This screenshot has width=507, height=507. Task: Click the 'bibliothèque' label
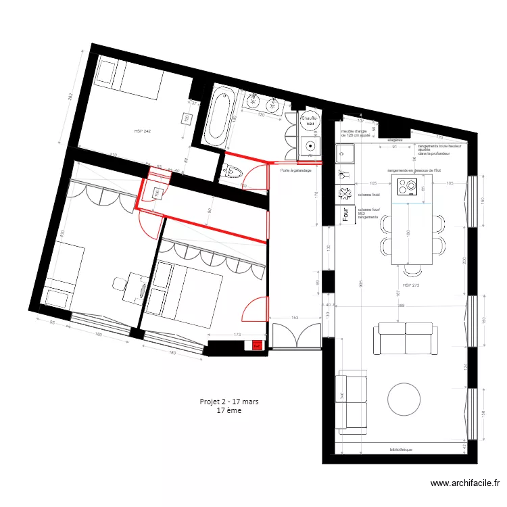401,449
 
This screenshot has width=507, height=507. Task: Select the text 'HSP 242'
142,130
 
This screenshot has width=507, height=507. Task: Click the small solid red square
257,346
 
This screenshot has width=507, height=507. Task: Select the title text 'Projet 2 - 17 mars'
229,401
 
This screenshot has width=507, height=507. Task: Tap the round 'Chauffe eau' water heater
310,122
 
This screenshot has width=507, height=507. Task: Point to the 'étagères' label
395,140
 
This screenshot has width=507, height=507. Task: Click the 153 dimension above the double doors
295,317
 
